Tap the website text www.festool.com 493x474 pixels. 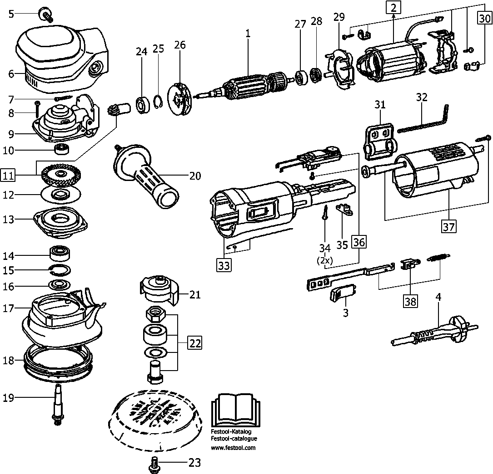233,448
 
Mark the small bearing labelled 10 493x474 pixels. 61,149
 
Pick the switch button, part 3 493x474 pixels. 342,295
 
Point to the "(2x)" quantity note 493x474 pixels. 325,262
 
